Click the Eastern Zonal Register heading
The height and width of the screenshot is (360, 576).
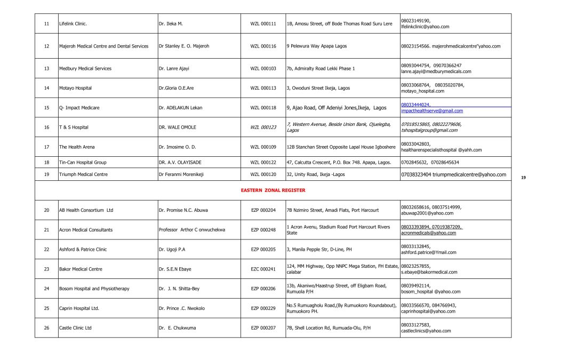click(x=273, y=190)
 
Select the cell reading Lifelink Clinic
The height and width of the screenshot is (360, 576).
click(x=73, y=24)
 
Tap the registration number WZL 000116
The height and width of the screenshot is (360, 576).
click(x=263, y=46)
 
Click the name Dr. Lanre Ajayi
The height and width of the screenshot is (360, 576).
click(x=174, y=69)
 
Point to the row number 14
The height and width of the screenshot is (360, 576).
click(x=46, y=88)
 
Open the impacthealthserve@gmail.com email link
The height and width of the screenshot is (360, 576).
click(x=432, y=111)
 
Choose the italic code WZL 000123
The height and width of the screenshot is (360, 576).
click(x=263, y=127)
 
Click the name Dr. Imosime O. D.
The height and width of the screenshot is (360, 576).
click(x=177, y=147)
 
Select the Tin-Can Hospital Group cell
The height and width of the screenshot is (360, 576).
click(x=83, y=162)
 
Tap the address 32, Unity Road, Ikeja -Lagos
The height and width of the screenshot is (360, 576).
click(x=316, y=174)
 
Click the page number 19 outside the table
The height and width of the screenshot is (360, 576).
click(x=523, y=178)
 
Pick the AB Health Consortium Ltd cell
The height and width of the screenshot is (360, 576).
click(x=86, y=210)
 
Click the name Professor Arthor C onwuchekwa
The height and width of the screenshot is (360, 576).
click(x=192, y=230)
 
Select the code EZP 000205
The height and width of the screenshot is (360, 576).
click(x=263, y=250)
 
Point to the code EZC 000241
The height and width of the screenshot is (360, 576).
click(x=263, y=269)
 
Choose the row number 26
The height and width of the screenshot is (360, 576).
click(x=46, y=328)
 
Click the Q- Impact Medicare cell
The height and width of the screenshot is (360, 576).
click(x=79, y=108)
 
